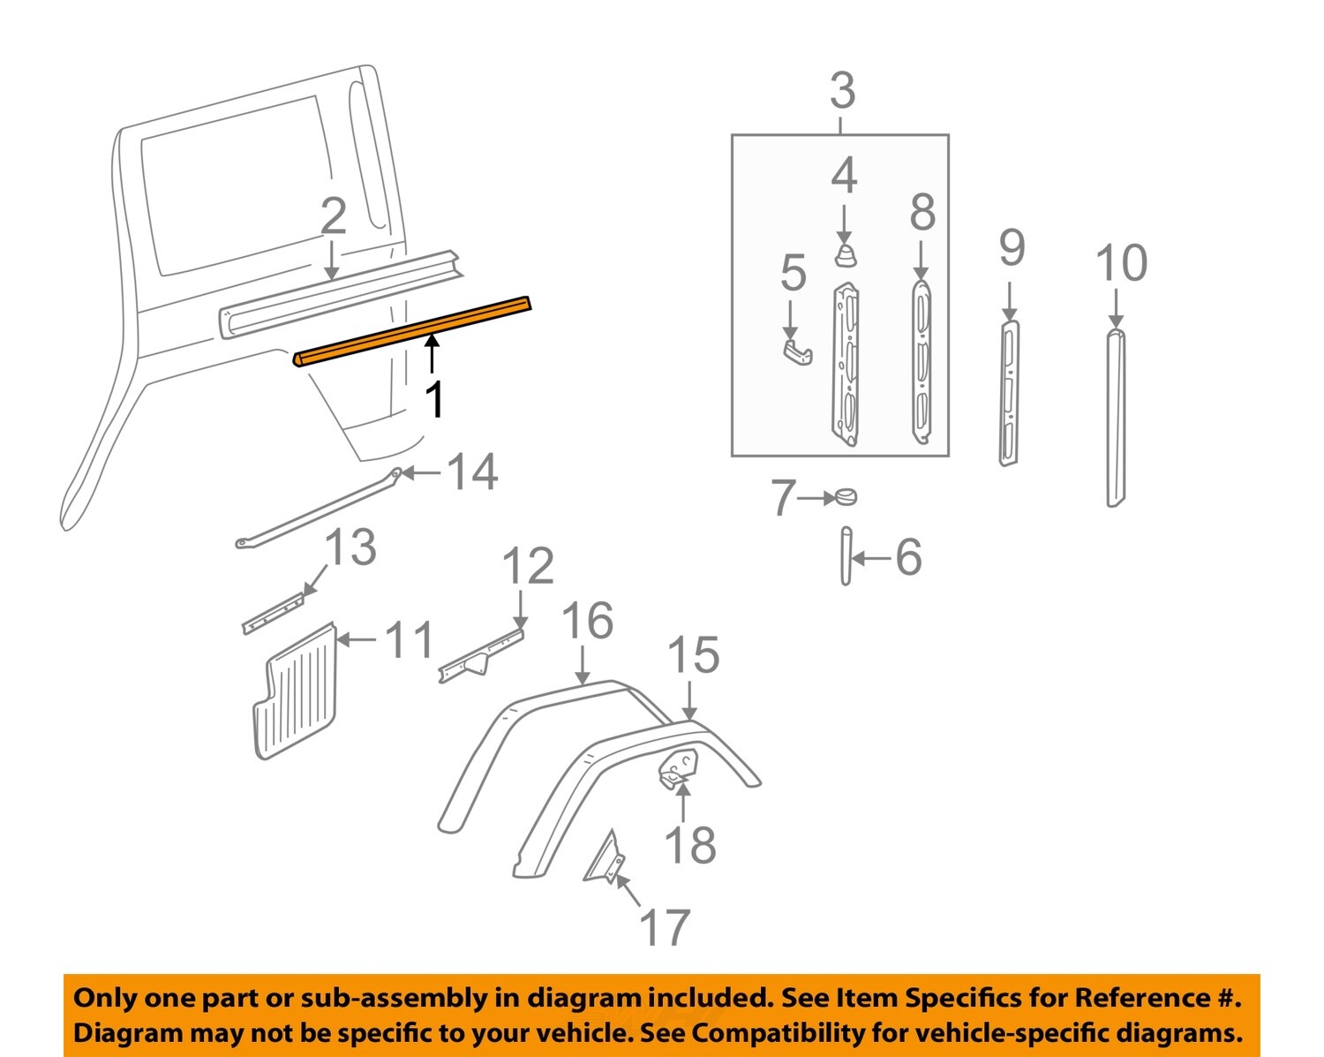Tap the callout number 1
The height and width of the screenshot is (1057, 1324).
pyautogui.click(x=434, y=399)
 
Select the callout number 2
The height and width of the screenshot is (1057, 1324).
pyautogui.click(x=333, y=216)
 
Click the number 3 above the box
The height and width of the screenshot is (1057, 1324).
pyautogui.click(x=842, y=91)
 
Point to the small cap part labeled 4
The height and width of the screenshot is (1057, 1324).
pyautogui.click(x=846, y=255)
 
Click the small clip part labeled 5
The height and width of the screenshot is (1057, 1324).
pyautogui.click(x=797, y=351)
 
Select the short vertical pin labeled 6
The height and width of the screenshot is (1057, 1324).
pyautogui.click(x=846, y=556)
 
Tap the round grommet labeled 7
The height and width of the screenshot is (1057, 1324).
pyautogui.click(x=845, y=497)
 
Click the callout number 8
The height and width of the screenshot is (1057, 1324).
pyautogui.click(x=922, y=213)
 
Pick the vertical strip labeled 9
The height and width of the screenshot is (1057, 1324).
pyautogui.click(x=1009, y=393)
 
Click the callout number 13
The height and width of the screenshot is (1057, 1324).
pyautogui.click(x=351, y=547)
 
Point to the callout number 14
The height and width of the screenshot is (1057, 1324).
pyautogui.click(x=473, y=472)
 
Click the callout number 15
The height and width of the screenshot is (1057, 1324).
pyautogui.click(x=693, y=655)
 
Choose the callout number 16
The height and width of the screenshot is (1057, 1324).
pyautogui.click(x=588, y=621)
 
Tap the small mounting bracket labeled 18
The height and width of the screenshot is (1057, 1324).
pyautogui.click(x=679, y=765)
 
